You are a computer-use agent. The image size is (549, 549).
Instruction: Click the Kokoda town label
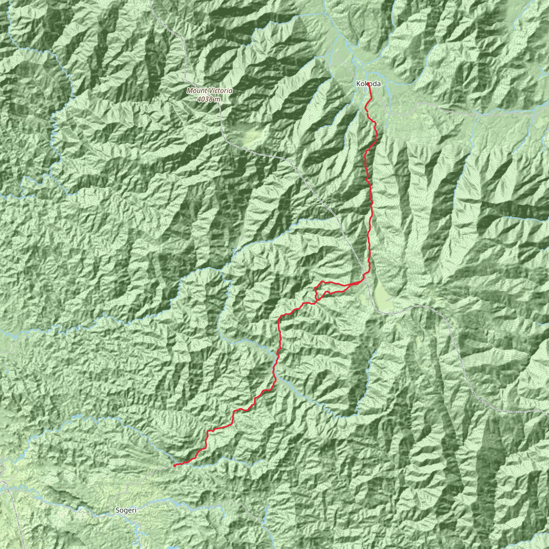click(368, 84)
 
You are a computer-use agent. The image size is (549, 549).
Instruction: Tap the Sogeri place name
click(126, 510)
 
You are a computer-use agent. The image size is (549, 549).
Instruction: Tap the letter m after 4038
click(217, 99)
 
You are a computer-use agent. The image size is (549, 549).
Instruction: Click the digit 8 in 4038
click(210, 99)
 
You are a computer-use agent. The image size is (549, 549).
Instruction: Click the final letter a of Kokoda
click(379, 84)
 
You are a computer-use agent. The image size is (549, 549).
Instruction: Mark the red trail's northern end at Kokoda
click(368, 83)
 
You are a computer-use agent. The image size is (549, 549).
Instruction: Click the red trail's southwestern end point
click(174, 466)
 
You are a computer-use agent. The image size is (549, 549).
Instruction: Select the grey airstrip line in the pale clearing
click(390, 299)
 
